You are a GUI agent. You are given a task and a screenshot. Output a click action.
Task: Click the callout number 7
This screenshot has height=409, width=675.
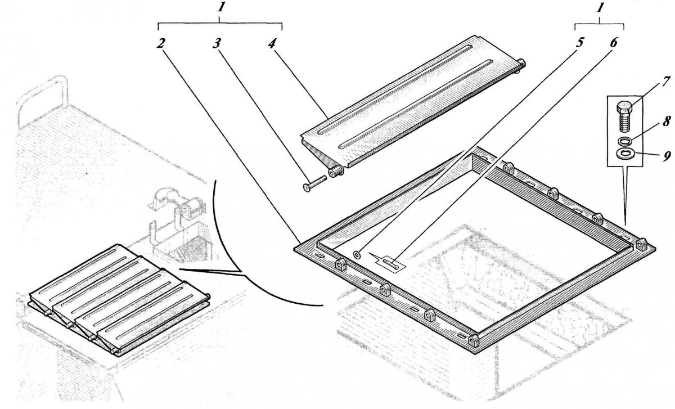click(665, 82)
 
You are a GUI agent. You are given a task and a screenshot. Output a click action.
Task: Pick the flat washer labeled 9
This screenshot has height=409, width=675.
click(625, 153)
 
